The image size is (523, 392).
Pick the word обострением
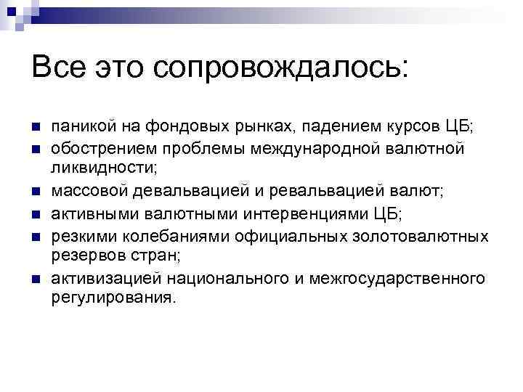[97, 149]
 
